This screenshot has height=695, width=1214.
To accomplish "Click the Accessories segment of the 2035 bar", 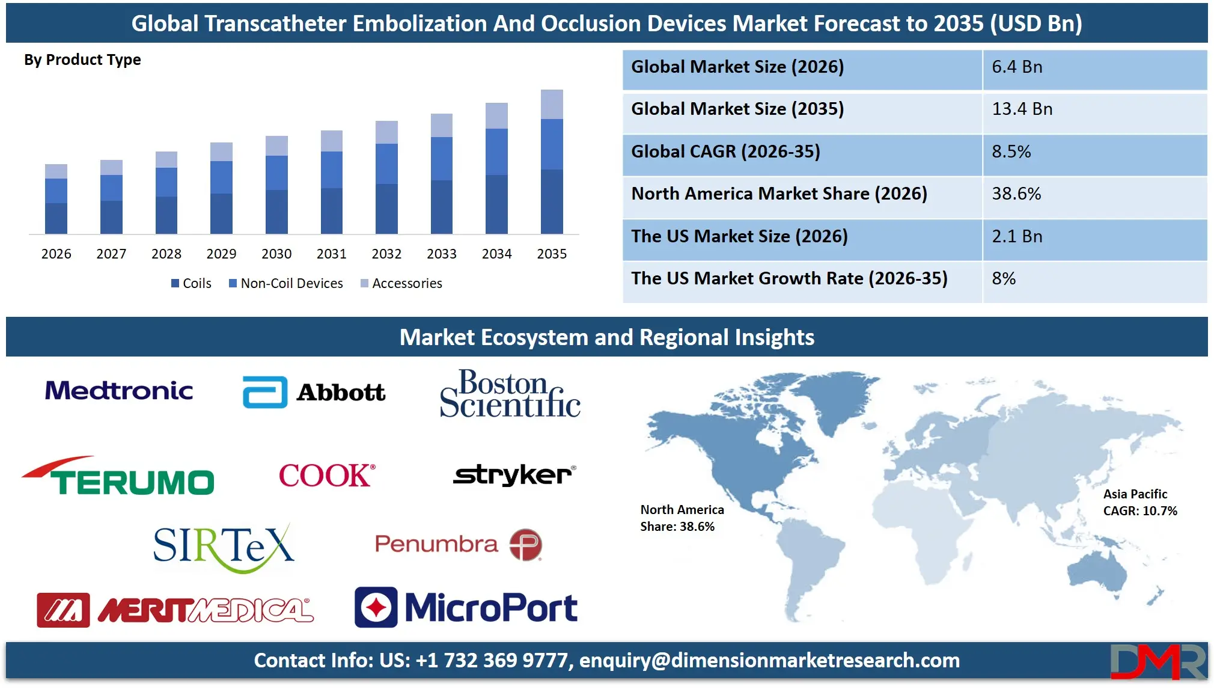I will pyautogui.click(x=552, y=104).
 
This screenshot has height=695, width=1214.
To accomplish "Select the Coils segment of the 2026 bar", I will pyautogui.click(x=56, y=218).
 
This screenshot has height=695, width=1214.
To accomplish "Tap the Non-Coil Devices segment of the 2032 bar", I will pyautogui.click(x=386, y=164).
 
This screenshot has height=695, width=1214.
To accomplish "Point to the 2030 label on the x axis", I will pyautogui.click(x=276, y=254).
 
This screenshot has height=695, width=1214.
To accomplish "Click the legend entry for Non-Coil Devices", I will pyautogui.click(x=285, y=283).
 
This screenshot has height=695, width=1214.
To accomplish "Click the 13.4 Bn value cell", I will pyautogui.click(x=1022, y=109).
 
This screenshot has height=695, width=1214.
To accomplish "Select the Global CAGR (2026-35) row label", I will pyautogui.click(x=725, y=152).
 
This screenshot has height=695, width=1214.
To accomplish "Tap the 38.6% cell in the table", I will pyautogui.click(x=1016, y=194).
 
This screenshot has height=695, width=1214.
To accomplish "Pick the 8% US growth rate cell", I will pyautogui.click(x=1004, y=278).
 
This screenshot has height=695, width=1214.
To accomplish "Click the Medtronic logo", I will pyautogui.click(x=119, y=391).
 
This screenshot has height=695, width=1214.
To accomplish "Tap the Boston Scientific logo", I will pyautogui.click(x=510, y=394).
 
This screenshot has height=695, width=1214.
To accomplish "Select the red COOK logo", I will pyautogui.click(x=327, y=476).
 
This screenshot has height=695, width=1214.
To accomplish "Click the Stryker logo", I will pyautogui.click(x=514, y=475).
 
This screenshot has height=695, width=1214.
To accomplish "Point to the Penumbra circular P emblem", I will pyautogui.click(x=526, y=545).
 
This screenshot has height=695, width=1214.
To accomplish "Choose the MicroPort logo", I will pyautogui.click(x=466, y=607).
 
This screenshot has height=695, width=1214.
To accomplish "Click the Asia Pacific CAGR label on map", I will pyautogui.click(x=1139, y=503).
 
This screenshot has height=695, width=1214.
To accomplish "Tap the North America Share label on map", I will pyautogui.click(x=682, y=518).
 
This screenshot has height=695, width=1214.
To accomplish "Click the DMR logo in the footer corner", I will pyautogui.click(x=1157, y=661).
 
